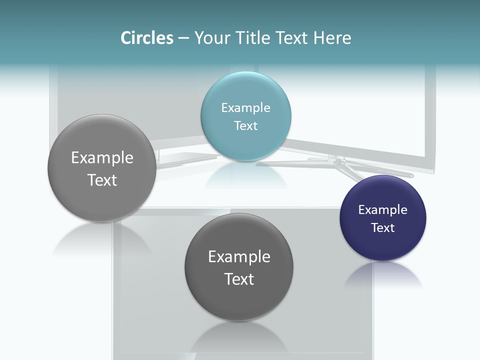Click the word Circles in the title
pyautogui.click(x=146, y=38)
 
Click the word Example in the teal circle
pyautogui.click(x=245, y=107)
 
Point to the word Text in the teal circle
pyautogui.click(x=245, y=125)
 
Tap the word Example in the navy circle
pyautogui.click(x=383, y=209)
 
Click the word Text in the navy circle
pyautogui.click(x=383, y=227)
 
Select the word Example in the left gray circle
pyautogui.click(x=102, y=157)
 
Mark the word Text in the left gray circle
pyautogui.click(x=102, y=180)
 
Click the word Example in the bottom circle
pyautogui.click(x=239, y=256)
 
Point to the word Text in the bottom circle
pyautogui.click(x=239, y=279)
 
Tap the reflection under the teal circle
pyautogui.click(x=245, y=175)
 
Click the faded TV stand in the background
pyautogui.click(x=345, y=165)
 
